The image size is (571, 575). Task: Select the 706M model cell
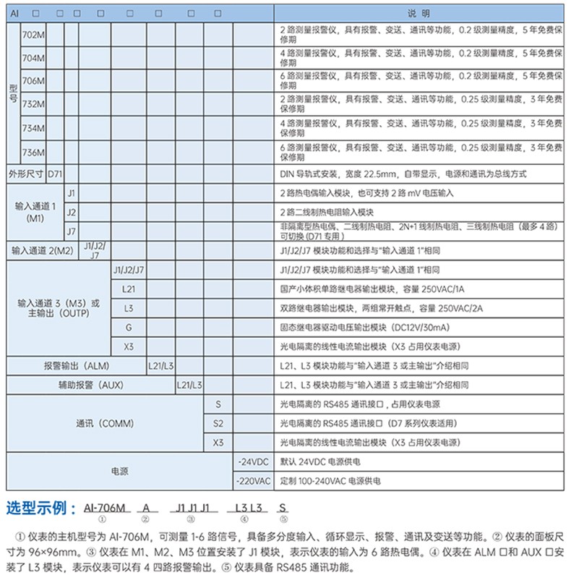tap(33, 81)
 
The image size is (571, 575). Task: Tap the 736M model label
tap(33, 152)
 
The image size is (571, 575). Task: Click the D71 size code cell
tap(55, 174)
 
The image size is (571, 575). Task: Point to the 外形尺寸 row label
tap(26, 174)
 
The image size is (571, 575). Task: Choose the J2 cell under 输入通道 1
tap(71, 213)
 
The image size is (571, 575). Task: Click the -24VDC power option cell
tap(254, 461)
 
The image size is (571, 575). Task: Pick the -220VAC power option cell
tap(254, 480)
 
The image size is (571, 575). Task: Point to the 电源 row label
tap(120, 471)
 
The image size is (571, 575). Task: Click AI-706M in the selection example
tap(106, 508)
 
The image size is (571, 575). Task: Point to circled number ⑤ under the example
tap(283, 519)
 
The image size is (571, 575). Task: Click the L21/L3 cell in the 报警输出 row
tap(160, 366)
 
